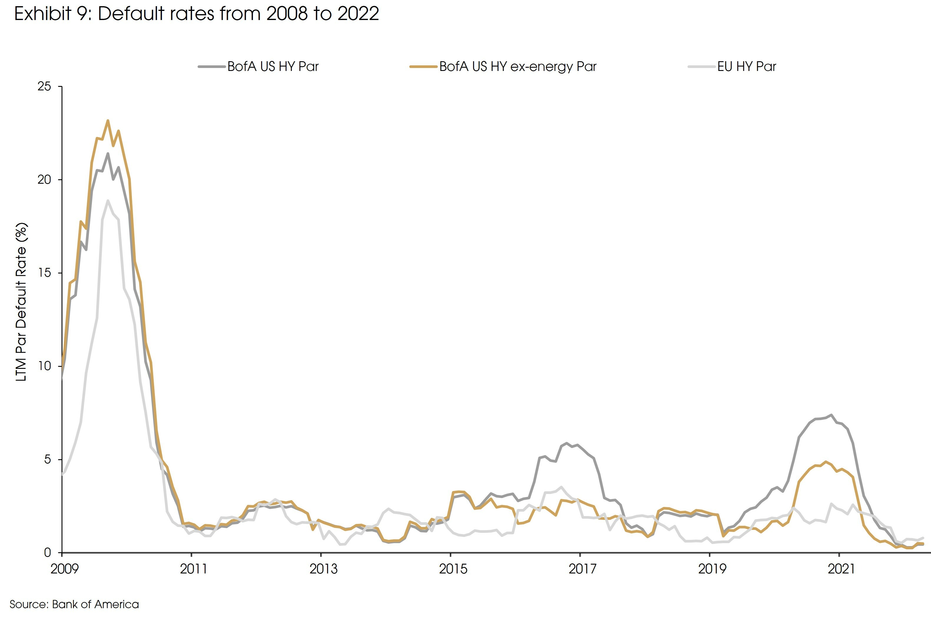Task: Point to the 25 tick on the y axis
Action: click(44, 87)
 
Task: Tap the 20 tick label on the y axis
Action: click(44, 180)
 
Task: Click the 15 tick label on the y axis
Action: click(44, 273)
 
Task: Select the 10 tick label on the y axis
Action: click(44, 366)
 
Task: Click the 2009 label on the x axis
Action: click(64, 569)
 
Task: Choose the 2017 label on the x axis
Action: click(582, 569)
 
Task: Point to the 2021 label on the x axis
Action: click(841, 569)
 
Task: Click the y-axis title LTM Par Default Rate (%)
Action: click(21, 302)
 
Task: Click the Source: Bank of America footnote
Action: click(74, 604)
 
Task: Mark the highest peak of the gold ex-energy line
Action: click(108, 121)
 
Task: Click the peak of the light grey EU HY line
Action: click(108, 201)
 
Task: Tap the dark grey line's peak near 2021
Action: click(831, 415)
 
